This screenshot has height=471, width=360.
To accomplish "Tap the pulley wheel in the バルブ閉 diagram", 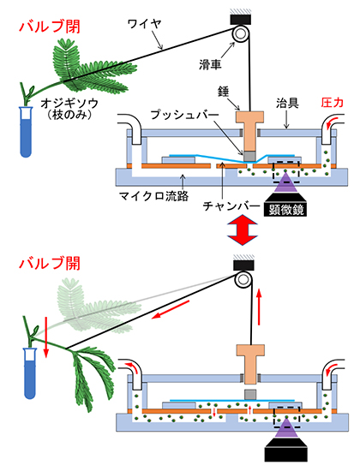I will (x=243, y=35).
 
